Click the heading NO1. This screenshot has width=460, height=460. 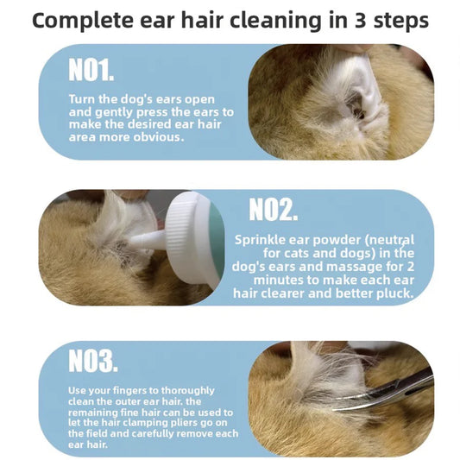click(91, 69)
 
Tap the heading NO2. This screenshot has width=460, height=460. click(274, 209)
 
